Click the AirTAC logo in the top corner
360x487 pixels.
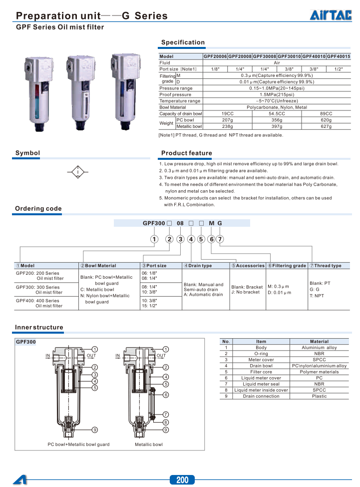pyautogui.click(x=331, y=16)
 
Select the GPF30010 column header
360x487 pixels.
pyautogui.click(x=289, y=57)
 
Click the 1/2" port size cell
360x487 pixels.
pyautogui.click(x=339, y=69)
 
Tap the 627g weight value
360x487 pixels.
pyautogui.click(x=326, y=126)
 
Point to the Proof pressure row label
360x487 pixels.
pyautogui.click(x=175, y=94)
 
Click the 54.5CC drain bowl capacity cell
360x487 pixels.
pyautogui.click(x=277, y=114)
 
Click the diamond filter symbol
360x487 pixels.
pyautogui.click(x=78, y=172)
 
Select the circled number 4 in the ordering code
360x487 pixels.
pyautogui.click(x=191, y=239)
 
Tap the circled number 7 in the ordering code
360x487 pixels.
pyautogui.click(x=220, y=239)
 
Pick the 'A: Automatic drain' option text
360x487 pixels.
pyautogui.click(x=203, y=295)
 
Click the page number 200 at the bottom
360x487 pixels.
pyautogui.click(x=182, y=480)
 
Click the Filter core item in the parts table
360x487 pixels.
pyautogui.click(x=261, y=372)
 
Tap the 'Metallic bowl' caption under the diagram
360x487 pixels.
pyautogui.click(x=149, y=445)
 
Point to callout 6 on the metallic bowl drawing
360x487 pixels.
pyautogui.click(x=166, y=395)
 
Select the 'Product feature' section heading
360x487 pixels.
pyautogui.click(x=186, y=153)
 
